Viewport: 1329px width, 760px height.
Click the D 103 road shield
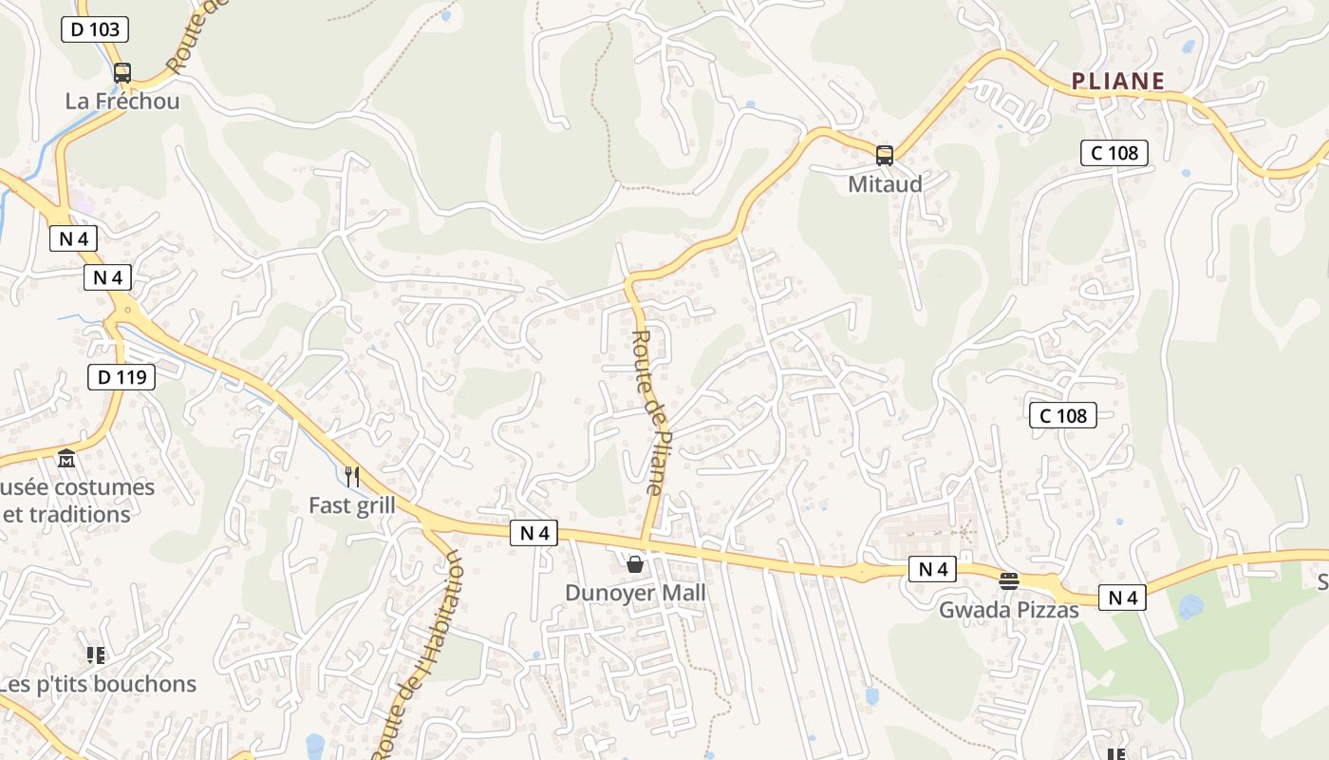[95, 29]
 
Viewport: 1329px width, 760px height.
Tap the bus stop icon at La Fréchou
[122, 72]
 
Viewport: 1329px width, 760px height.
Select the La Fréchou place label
[122, 101]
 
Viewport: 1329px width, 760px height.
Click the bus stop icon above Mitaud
[885, 155]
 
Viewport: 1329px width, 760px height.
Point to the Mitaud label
[885, 184]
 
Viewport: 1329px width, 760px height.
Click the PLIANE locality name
[1118, 82]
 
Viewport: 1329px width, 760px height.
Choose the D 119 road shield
[122, 377]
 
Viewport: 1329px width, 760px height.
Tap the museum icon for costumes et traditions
[66, 460]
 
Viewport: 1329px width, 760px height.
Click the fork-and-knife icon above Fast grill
[352, 475]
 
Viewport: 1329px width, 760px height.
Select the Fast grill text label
[352, 505]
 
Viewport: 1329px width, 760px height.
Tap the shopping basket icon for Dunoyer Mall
[635, 564]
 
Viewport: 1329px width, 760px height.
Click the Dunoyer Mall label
[635, 594]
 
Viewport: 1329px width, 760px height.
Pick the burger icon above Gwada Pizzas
[1009, 580]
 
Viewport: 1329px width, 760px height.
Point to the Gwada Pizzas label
[1009, 610]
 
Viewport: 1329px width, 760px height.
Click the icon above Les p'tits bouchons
[95, 655]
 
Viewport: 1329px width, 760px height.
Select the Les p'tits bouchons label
[99, 684]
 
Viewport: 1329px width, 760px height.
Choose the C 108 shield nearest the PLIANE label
[1114, 152]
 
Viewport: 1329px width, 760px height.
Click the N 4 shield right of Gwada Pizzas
[1122, 598]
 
